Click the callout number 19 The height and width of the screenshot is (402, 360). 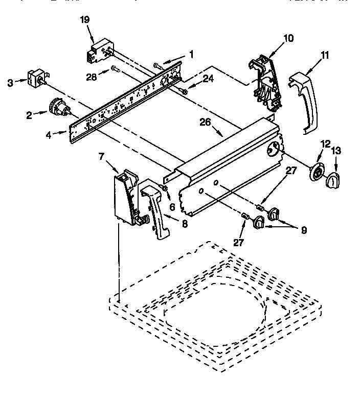coord(85,20)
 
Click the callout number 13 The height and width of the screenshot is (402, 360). coord(335,151)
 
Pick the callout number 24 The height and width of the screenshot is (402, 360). coord(207,78)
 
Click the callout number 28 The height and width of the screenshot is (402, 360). coord(92,76)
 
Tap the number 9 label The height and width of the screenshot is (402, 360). coord(304,230)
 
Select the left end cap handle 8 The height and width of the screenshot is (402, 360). coord(155,207)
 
